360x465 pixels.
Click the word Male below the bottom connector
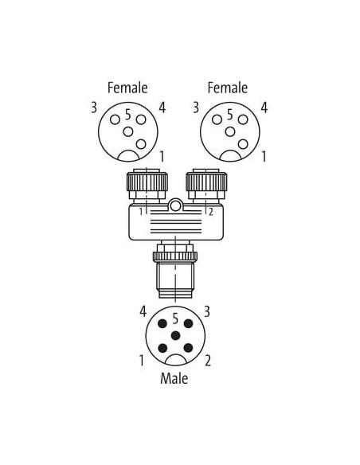pos(174,378)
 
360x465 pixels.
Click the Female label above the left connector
pos(127,88)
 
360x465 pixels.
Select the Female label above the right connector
pos(228,88)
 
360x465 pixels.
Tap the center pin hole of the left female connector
pos(128,131)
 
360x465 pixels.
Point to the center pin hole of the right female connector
pos(230,131)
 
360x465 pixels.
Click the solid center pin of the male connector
pos(175,335)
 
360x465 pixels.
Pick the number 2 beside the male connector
pos(208,361)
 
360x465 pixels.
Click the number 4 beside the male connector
pos(143,311)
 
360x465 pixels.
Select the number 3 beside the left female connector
pos(94,107)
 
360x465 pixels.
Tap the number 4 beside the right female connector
pos(264,107)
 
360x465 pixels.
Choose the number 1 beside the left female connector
pos(162,156)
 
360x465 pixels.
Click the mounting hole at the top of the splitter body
pos(175,205)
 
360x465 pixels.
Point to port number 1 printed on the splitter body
pos(142,212)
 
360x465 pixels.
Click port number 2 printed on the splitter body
pos(211,212)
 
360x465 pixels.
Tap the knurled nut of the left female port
pos(147,182)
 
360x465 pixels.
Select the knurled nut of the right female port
pos(206,182)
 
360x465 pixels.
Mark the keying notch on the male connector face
pos(175,360)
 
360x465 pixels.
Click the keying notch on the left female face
pos(128,156)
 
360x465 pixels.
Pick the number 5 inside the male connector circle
pos(175,318)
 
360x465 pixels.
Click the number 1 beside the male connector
pos(142,361)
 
